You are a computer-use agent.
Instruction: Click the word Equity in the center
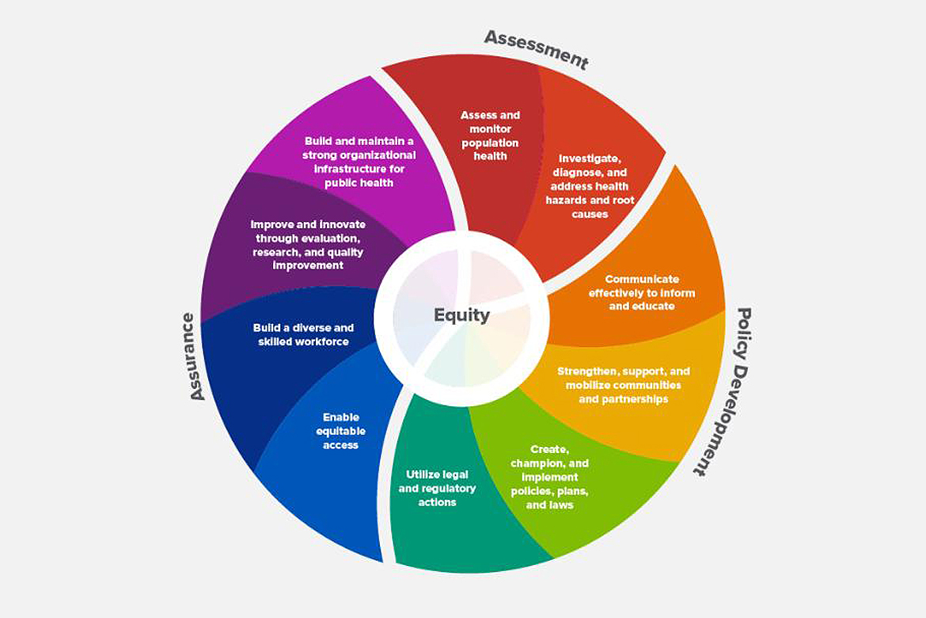click(x=461, y=315)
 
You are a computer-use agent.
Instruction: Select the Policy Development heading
click(x=722, y=391)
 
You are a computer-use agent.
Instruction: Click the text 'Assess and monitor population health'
click(x=490, y=135)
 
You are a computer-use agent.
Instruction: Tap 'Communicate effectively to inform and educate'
click(x=642, y=292)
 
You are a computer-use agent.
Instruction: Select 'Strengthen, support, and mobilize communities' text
click(x=624, y=385)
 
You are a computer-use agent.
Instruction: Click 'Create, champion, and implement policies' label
click(x=549, y=477)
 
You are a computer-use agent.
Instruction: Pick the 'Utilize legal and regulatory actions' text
click(x=437, y=488)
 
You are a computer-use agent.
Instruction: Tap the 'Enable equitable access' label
click(x=341, y=431)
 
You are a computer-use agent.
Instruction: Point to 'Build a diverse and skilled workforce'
click(x=303, y=334)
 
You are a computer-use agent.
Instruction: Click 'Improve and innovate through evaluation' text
click(x=306, y=245)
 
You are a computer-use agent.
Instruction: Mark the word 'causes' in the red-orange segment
click(x=590, y=215)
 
